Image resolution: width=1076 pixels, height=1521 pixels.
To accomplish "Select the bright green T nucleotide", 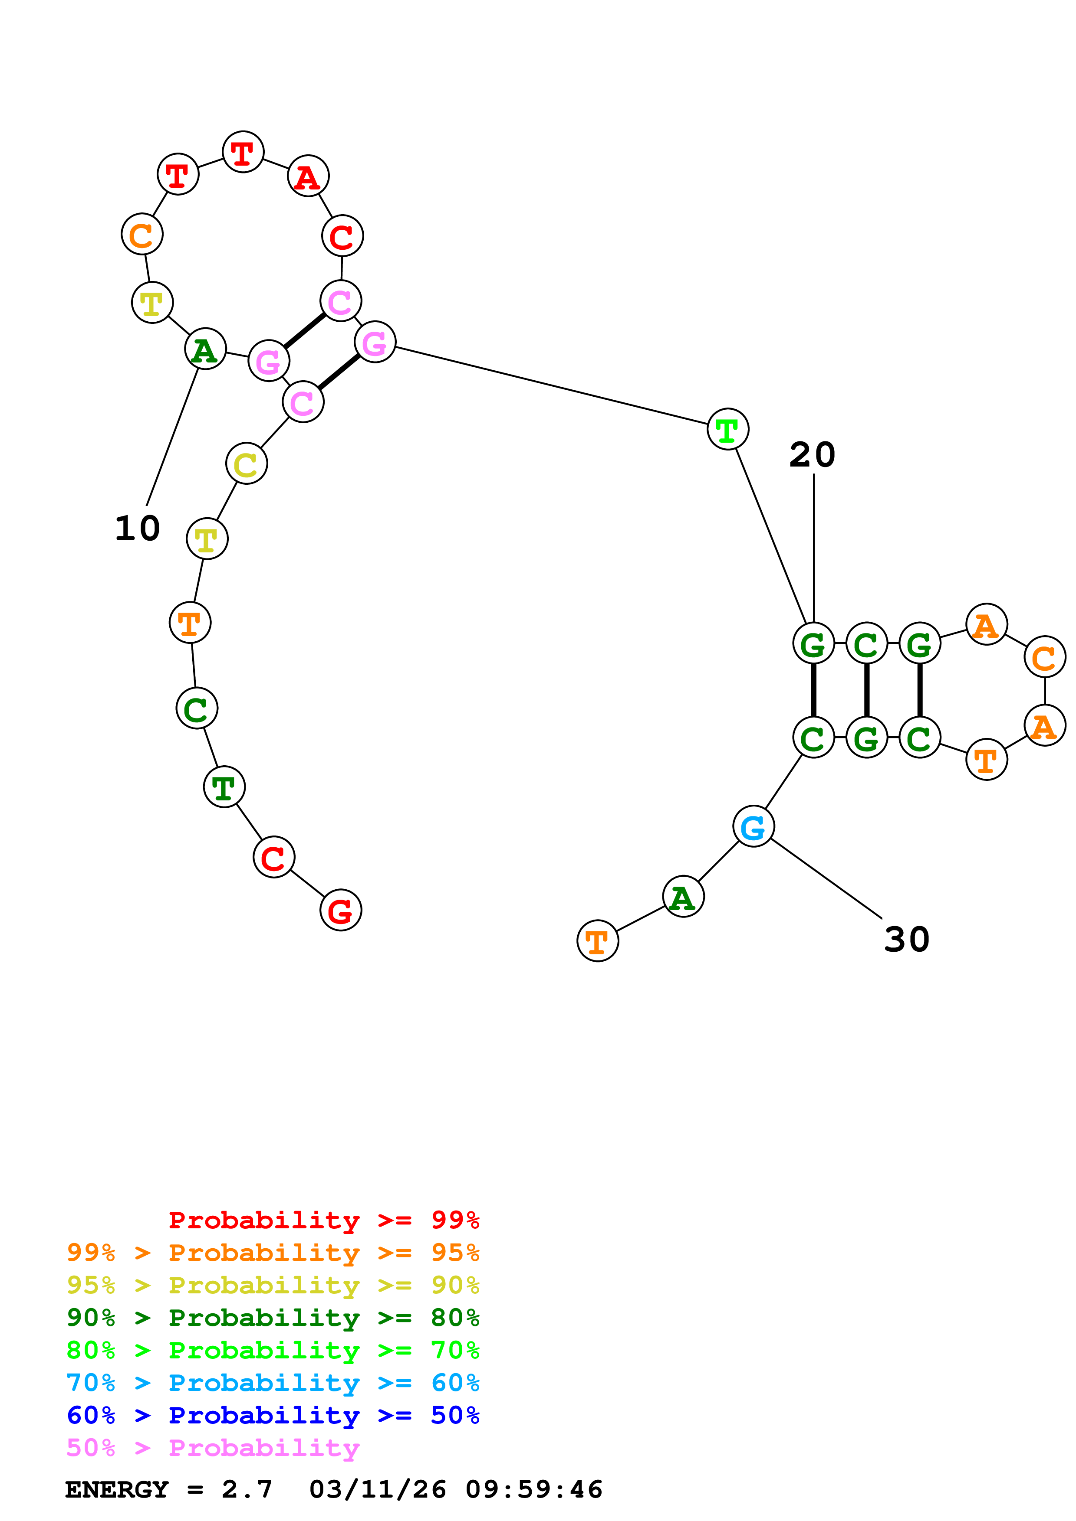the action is click(x=727, y=429).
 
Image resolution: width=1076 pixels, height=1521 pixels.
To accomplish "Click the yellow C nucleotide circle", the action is click(x=246, y=464).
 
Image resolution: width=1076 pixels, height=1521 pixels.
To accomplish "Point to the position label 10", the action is click(x=137, y=529).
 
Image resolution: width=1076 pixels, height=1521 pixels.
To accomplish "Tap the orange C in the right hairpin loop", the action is click(x=1044, y=657).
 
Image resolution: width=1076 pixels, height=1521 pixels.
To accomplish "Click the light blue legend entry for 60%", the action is click(x=273, y=1383).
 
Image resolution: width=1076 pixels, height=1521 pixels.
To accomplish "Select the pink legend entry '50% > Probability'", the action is click(x=213, y=1447).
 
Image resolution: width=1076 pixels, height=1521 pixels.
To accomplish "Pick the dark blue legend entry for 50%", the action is click(x=273, y=1415).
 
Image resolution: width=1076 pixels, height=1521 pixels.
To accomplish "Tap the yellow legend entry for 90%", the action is click(x=273, y=1285).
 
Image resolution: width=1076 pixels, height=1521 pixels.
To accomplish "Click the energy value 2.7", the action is click(x=247, y=1489).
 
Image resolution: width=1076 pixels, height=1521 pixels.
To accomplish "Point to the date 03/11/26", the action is click(x=377, y=1489).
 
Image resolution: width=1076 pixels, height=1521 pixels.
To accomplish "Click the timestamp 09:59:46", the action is click(x=534, y=1489).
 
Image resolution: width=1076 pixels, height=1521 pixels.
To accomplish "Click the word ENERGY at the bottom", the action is click(x=117, y=1489).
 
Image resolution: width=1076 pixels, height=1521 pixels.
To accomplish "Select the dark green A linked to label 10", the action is click(x=205, y=349).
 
